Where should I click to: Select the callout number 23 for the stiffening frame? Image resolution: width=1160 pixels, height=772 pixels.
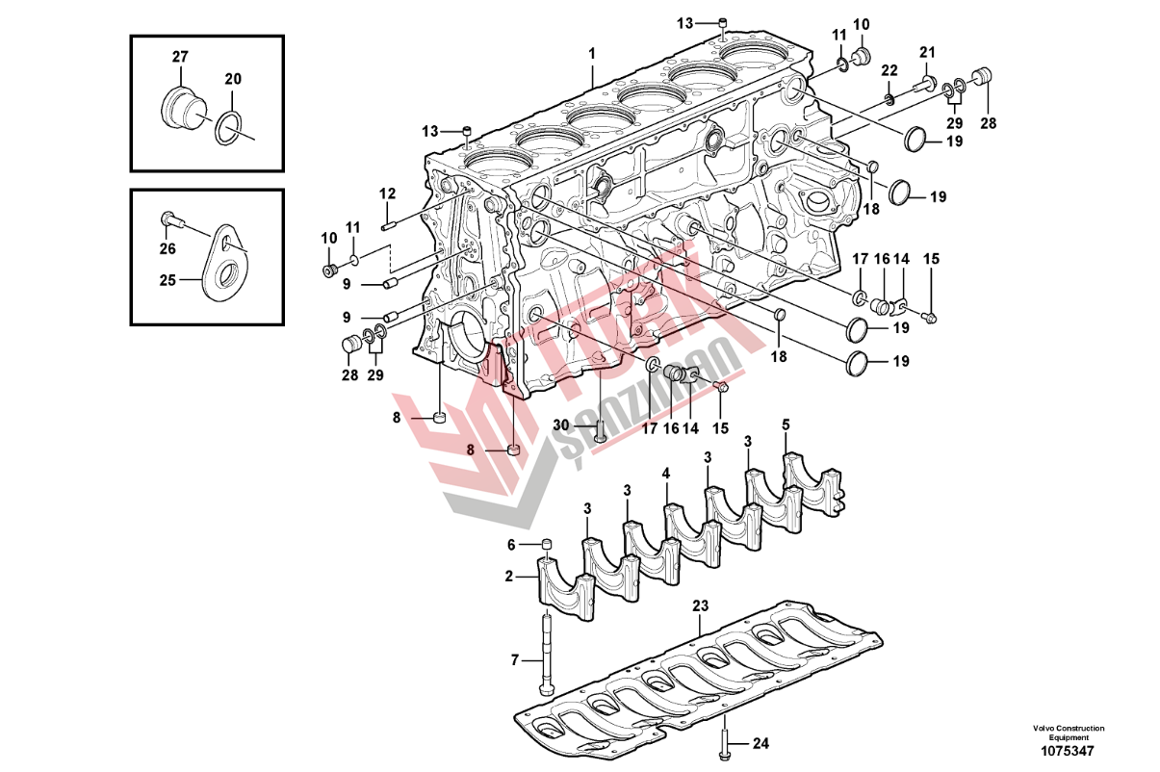click(700, 606)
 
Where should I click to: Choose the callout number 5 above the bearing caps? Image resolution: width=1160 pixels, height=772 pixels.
click(786, 425)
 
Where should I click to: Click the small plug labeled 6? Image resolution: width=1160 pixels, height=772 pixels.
click(545, 547)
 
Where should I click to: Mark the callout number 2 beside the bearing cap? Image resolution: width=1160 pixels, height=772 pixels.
click(509, 577)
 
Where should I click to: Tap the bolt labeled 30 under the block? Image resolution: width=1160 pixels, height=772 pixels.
click(599, 432)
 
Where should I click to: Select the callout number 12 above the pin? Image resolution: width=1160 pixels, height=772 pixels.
click(387, 193)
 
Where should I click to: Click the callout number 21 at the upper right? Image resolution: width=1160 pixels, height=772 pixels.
click(927, 52)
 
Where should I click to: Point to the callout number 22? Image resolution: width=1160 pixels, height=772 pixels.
click(889, 70)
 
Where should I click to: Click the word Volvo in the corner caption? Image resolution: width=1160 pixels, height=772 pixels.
click(1042, 728)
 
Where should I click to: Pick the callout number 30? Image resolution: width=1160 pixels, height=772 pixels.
click(561, 425)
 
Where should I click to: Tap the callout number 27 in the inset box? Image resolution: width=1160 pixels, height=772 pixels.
click(180, 57)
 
